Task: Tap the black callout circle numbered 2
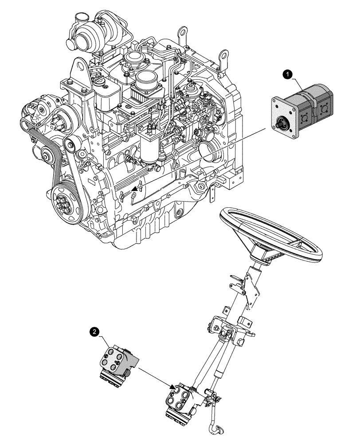(94, 330)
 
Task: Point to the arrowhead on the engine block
(133, 191)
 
